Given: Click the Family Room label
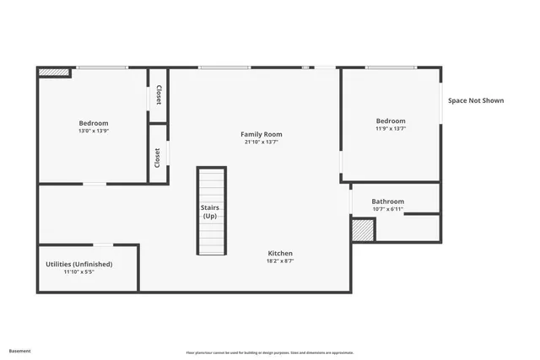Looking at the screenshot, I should (x=261, y=134).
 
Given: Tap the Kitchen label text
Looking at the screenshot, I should (x=280, y=253).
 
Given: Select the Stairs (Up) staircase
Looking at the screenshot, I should (x=212, y=211).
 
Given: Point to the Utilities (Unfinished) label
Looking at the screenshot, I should (x=78, y=264).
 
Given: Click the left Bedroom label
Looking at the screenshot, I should (x=94, y=123).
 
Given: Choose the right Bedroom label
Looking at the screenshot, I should (x=391, y=121).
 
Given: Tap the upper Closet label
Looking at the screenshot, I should (x=159, y=95).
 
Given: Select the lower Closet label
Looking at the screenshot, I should (x=157, y=158).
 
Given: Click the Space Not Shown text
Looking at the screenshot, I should (x=476, y=100).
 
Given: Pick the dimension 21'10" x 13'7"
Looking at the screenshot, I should (x=261, y=142).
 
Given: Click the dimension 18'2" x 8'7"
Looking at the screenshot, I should (x=280, y=261).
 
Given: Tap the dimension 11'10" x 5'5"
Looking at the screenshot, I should (x=78, y=272).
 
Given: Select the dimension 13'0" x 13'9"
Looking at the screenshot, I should (x=94, y=132).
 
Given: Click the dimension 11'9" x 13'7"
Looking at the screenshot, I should (x=391, y=129).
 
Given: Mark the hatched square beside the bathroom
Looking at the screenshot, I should (x=363, y=231).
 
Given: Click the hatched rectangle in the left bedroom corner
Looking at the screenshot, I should (x=55, y=73).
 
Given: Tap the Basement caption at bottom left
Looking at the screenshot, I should (x=20, y=350).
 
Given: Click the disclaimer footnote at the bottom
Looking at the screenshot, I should (x=270, y=352).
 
